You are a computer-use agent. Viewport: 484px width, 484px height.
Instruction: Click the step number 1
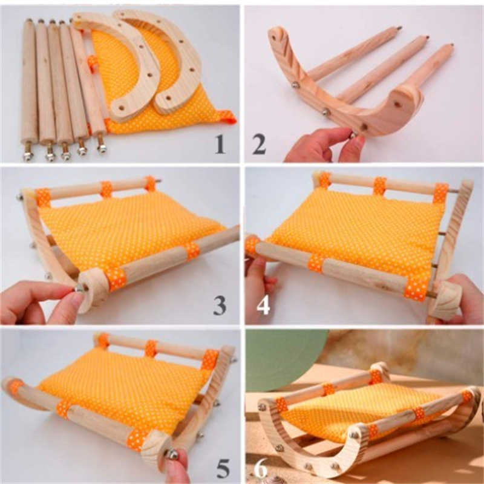pos(220,144)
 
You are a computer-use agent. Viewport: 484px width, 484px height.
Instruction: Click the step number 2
pos(259,145)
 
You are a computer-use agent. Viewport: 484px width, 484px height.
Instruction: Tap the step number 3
pos(220,306)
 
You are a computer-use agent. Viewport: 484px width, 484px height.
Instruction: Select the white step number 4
pos(263,306)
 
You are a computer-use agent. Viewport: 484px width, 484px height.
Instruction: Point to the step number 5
pos(223,468)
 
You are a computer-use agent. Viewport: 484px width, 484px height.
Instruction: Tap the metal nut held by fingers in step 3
pos(79,288)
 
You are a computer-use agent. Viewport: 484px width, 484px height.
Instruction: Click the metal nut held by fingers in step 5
pos(172,454)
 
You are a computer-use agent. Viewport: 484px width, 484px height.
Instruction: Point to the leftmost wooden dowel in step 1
pos(28,90)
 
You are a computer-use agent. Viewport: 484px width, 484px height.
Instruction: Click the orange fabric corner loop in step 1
pos(228,117)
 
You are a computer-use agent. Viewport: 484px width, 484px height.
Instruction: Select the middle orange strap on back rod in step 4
pos(380,186)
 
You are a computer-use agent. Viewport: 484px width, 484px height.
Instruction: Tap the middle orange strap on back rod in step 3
pos(106,189)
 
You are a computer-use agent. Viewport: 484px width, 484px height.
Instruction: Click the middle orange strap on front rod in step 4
pos(316,263)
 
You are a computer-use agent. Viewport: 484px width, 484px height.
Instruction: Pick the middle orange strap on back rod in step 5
pos(151,348)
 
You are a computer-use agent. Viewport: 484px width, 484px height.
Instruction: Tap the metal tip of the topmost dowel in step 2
pos(399,28)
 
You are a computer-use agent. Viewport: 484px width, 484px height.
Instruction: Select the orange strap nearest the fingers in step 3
pos(116,279)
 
